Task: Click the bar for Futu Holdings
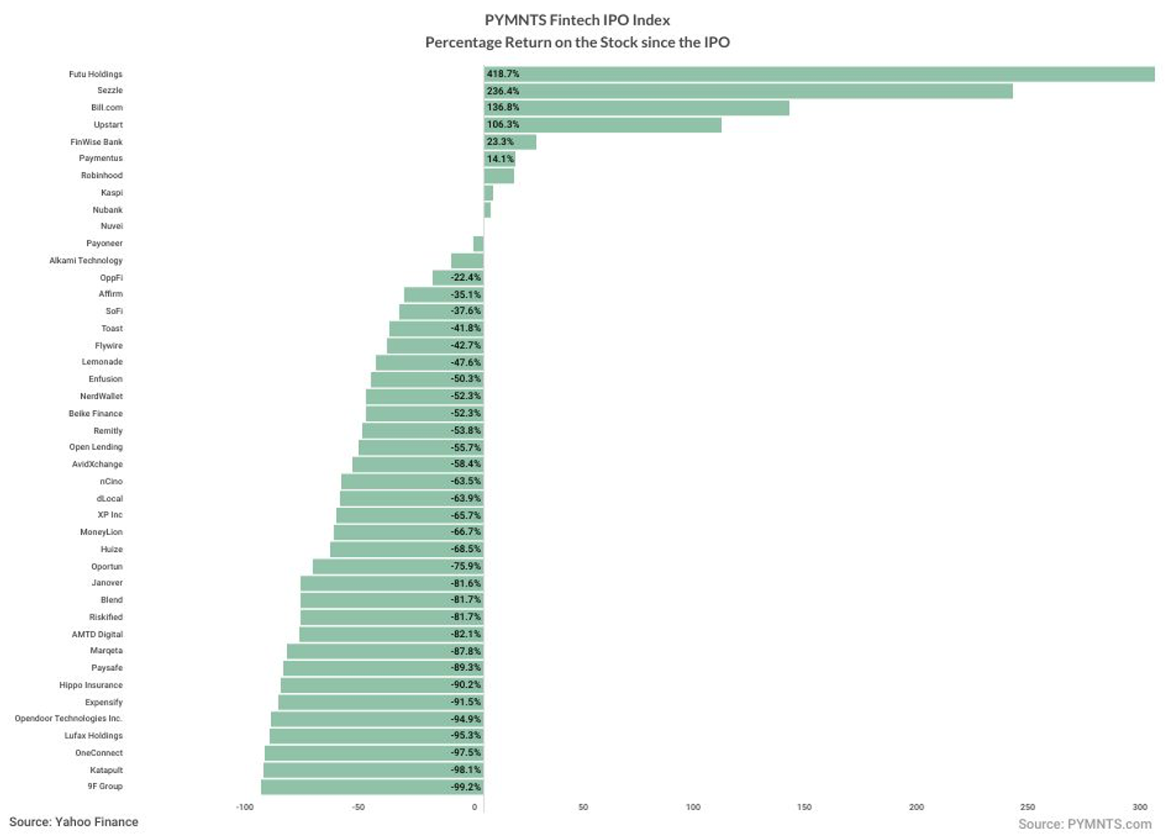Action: point(819,74)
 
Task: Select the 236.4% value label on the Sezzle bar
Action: point(503,91)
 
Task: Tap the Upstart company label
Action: point(108,125)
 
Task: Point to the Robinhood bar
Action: point(499,176)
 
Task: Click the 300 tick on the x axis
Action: point(1140,808)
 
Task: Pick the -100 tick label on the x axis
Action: point(245,808)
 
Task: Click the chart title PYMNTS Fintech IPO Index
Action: point(577,20)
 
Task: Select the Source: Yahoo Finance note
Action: point(73,822)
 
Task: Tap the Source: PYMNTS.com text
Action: point(1085,824)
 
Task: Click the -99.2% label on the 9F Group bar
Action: point(465,787)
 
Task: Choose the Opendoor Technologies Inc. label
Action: point(68,719)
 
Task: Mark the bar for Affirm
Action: point(443,295)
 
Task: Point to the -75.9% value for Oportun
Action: point(465,566)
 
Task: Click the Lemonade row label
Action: point(102,362)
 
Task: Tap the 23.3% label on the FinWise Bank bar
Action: point(500,142)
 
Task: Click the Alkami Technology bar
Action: point(467,261)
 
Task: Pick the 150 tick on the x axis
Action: point(805,808)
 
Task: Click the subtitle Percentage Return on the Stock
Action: point(577,42)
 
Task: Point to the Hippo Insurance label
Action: point(91,685)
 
